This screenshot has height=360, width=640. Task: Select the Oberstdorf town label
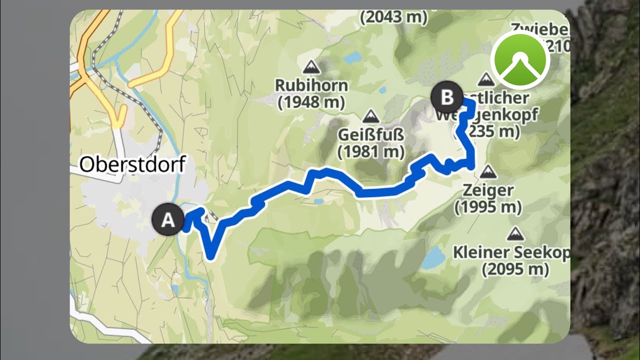132,164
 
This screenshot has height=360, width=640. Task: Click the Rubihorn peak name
311,85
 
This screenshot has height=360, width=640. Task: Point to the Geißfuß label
370,135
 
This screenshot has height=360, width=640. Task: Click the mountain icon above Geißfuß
370,116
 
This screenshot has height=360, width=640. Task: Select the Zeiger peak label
487,190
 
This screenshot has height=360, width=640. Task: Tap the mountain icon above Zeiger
487,172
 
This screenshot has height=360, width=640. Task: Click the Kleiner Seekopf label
511,252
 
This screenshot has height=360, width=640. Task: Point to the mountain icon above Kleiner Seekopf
514,233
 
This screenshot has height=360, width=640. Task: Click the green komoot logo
520,61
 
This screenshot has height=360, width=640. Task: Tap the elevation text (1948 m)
311,102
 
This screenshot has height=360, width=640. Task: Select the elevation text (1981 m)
370,151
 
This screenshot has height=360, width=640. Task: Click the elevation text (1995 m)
488,206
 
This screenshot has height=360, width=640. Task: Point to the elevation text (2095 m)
515,269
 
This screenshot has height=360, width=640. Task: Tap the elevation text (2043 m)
394,17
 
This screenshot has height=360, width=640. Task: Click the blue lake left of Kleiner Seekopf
433,257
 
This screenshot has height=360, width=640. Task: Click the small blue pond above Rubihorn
351,57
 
